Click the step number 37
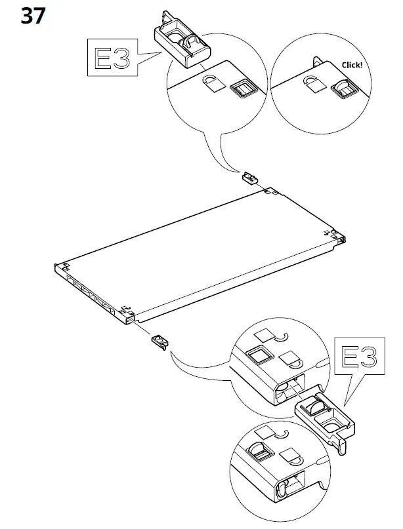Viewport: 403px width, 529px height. point(33,16)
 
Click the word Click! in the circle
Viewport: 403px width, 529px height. point(352,65)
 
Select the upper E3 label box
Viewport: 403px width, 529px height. point(112,57)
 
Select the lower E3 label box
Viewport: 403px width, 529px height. point(360,355)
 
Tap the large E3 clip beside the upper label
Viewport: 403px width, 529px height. point(182,42)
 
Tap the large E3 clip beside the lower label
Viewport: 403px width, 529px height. point(325,418)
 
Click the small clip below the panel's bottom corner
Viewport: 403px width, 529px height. point(161,342)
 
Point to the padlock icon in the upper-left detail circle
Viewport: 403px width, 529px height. point(211,83)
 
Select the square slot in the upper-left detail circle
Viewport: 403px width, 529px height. point(243,89)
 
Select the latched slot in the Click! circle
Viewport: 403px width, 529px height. point(344,88)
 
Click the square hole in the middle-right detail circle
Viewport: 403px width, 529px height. point(259,355)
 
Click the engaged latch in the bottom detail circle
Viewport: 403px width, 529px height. point(259,451)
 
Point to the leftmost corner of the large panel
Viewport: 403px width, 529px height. point(54,267)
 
